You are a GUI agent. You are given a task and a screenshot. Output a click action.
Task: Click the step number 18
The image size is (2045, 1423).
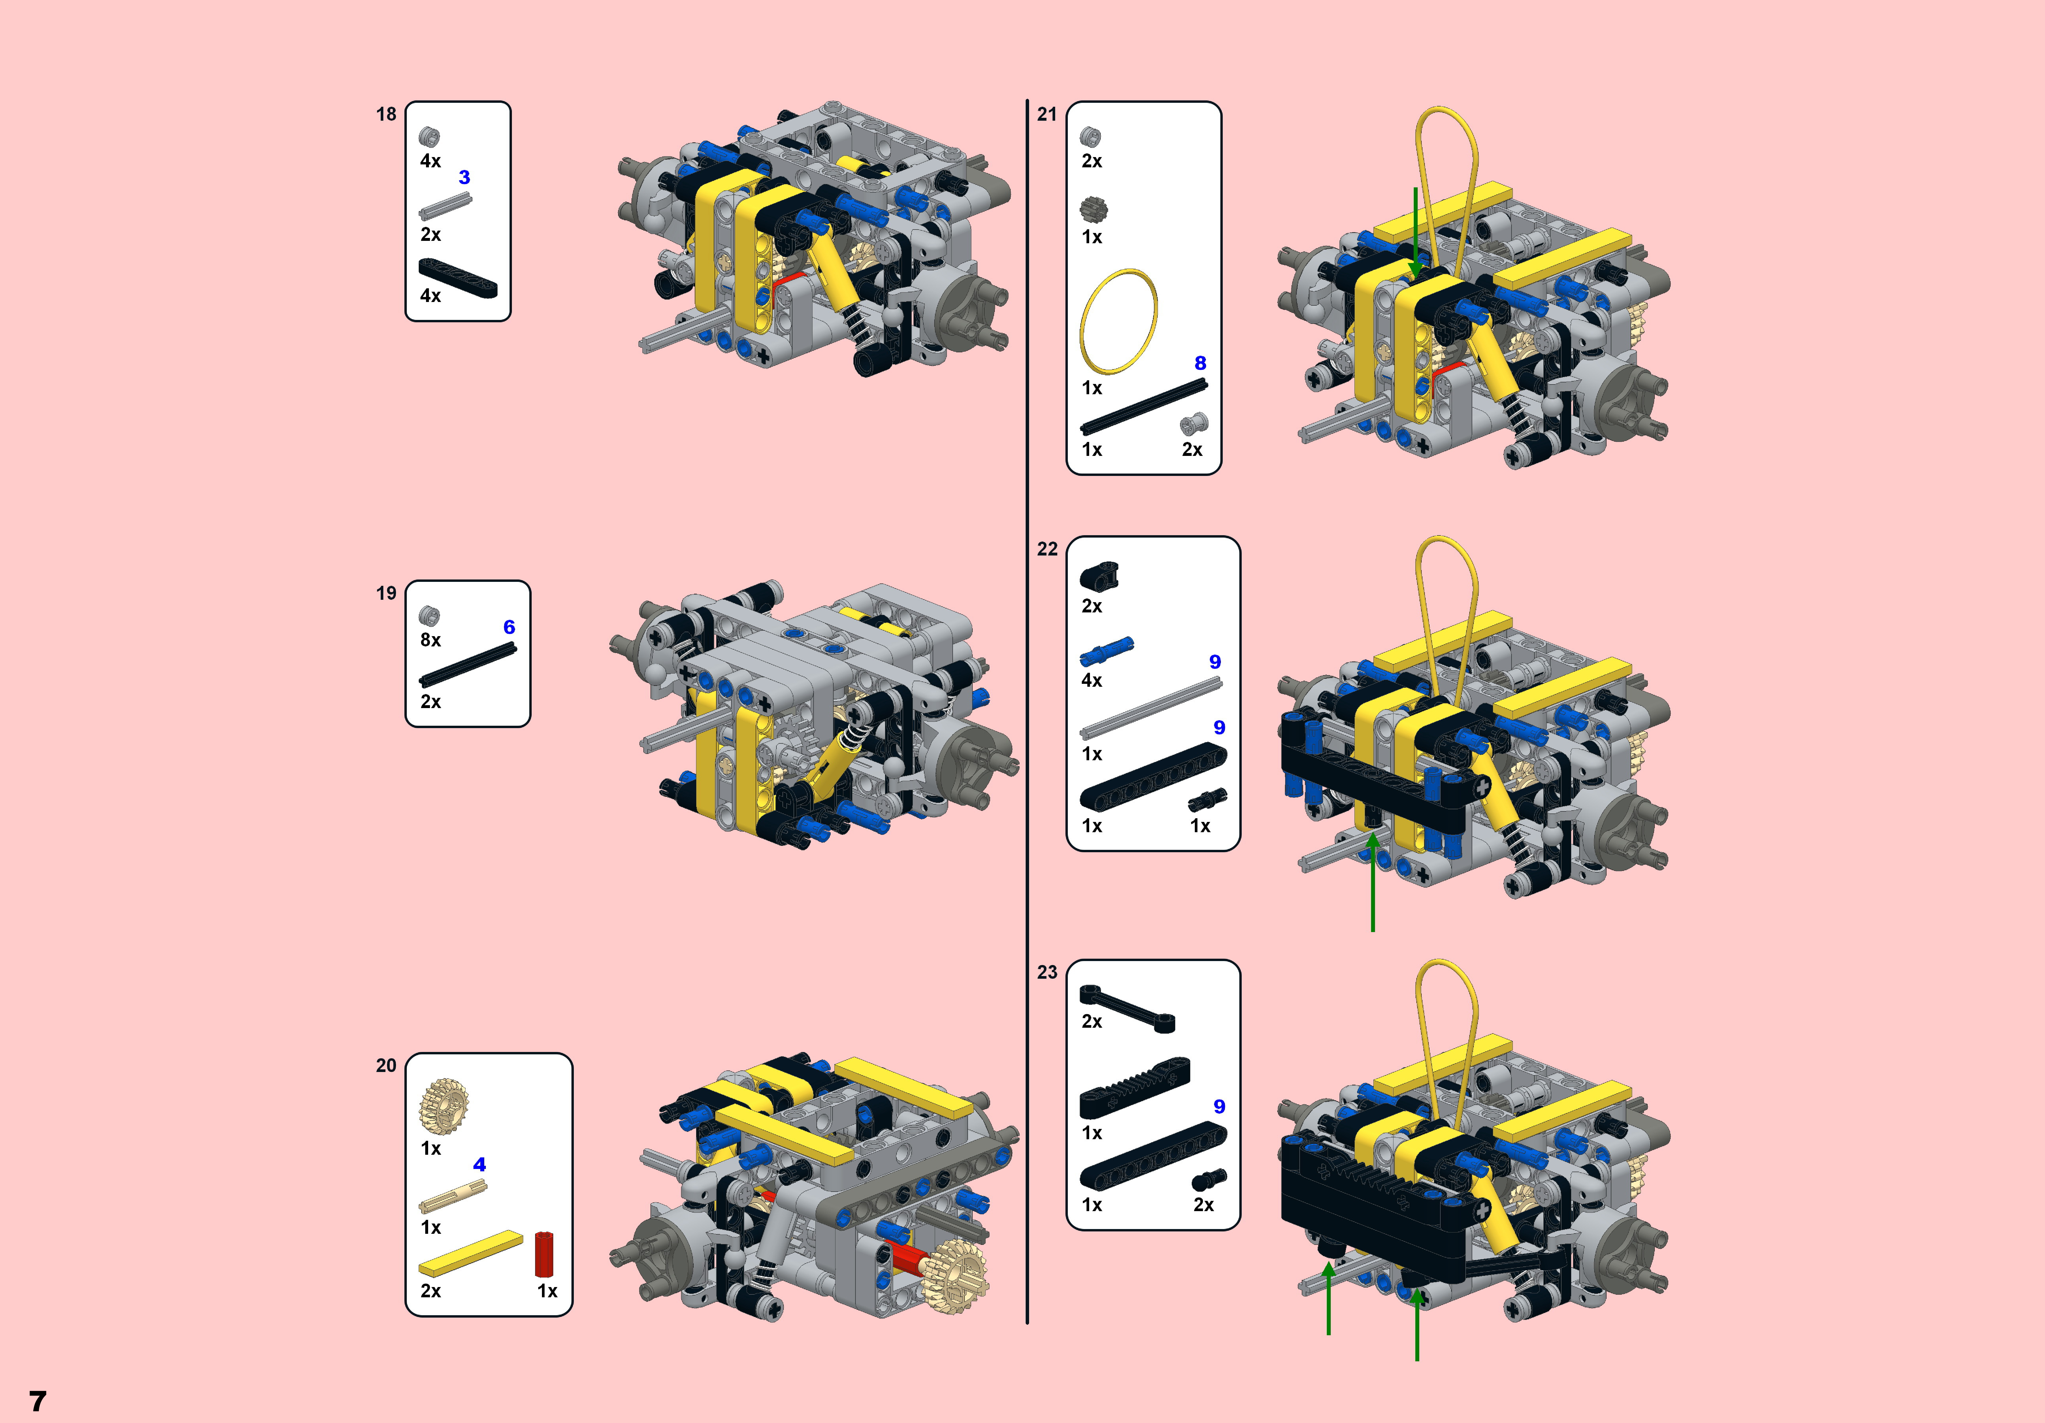[386, 114]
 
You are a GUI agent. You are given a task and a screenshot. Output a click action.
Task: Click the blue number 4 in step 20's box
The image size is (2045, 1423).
[479, 1164]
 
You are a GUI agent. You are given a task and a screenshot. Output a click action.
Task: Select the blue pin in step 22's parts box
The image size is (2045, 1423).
[1106, 651]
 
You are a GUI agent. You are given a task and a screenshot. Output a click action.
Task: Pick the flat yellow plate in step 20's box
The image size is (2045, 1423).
[470, 1254]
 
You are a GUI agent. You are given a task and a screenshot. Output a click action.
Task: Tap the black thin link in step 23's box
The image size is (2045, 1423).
[1127, 1009]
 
